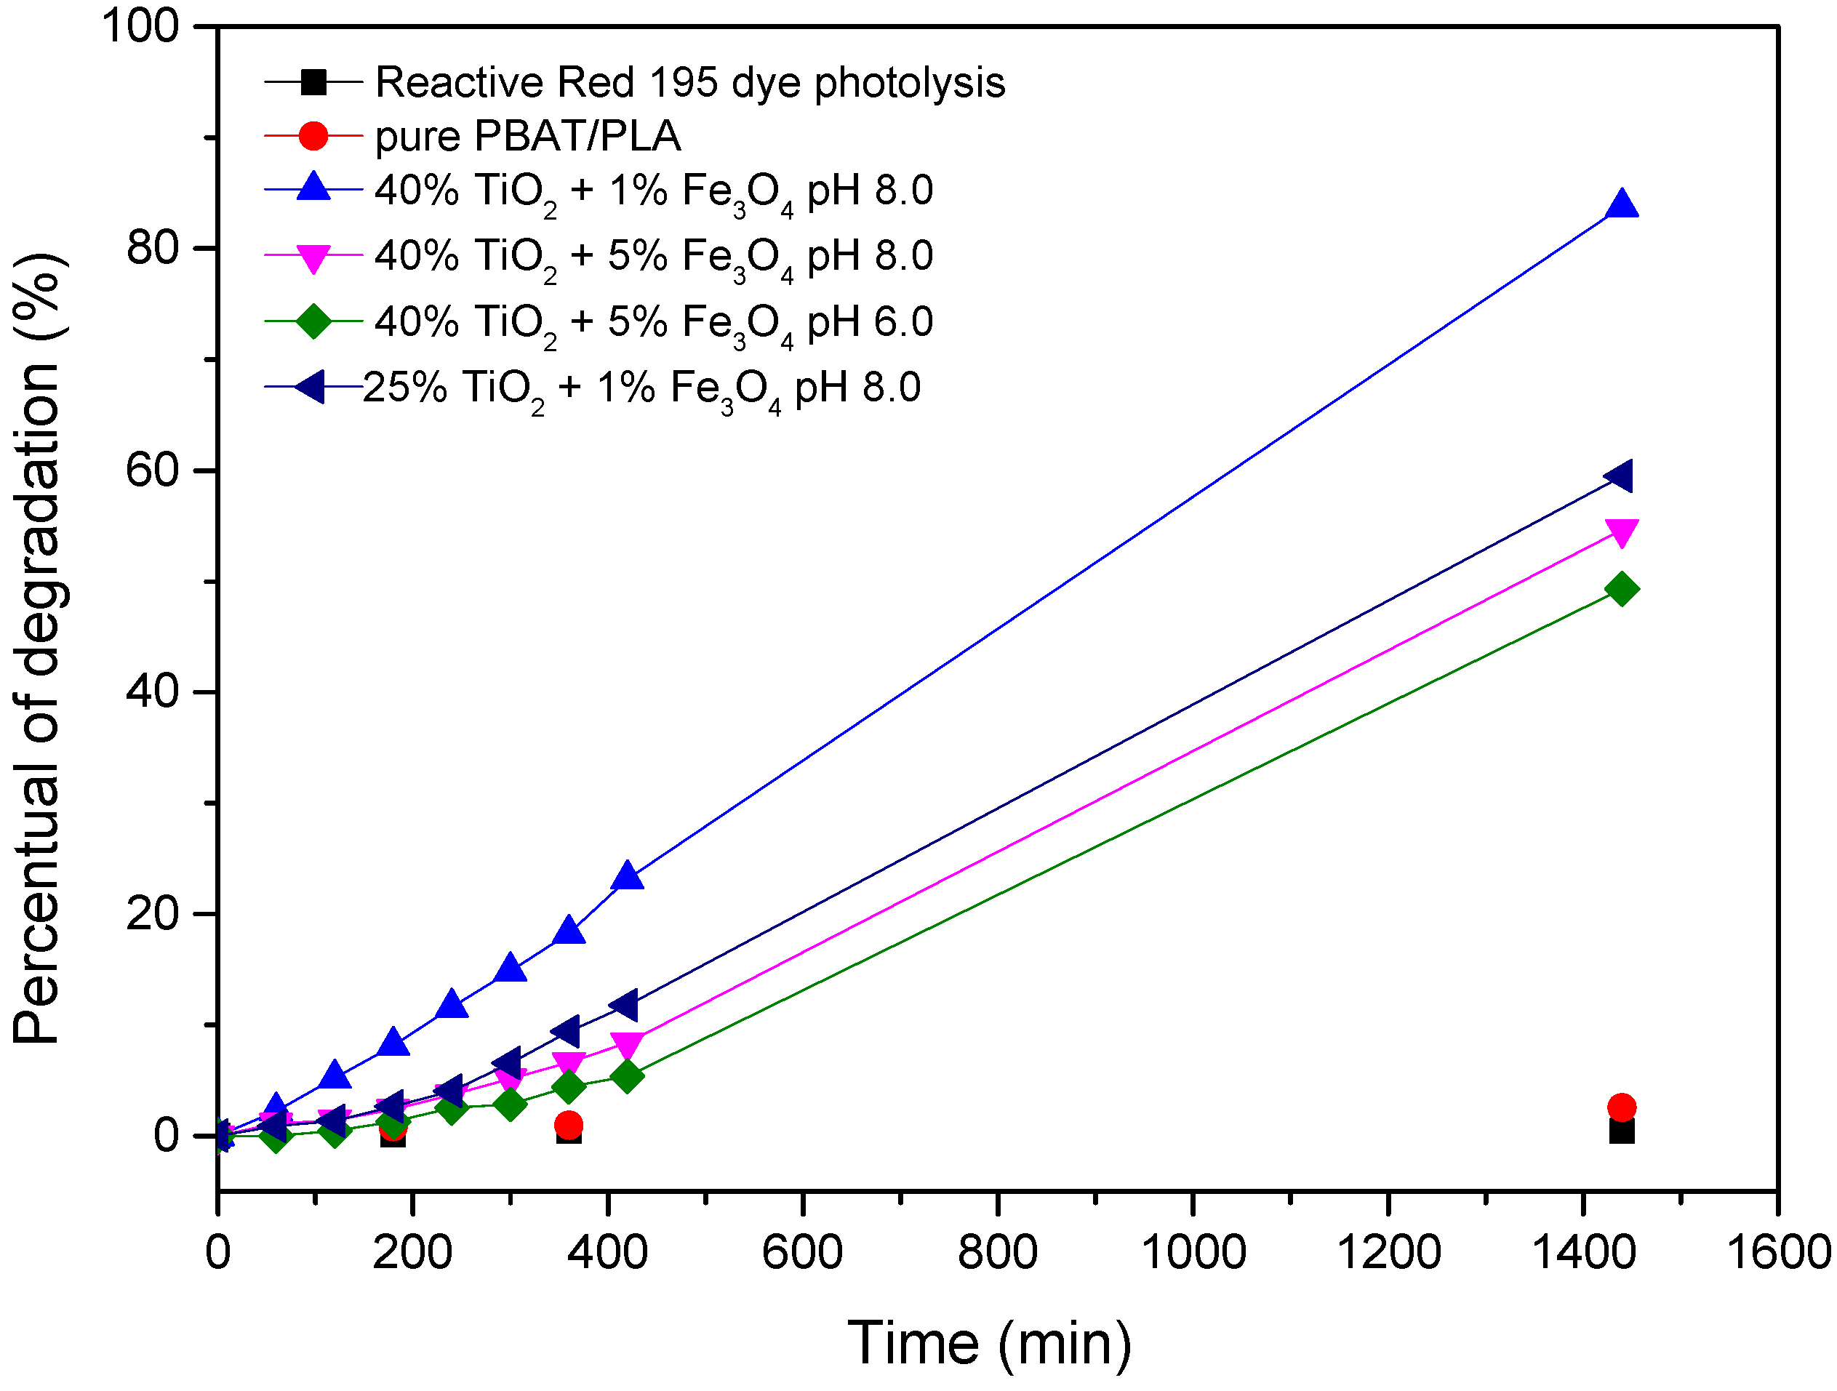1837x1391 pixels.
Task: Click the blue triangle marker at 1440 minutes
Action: [x=1621, y=204]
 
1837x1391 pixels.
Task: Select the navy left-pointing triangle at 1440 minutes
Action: [x=1620, y=477]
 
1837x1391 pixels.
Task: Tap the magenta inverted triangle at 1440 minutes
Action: [x=1621, y=532]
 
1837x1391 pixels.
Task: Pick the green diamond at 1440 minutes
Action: [x=1621, y=590]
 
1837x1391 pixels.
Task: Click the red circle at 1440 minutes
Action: [x=1621, y=1107]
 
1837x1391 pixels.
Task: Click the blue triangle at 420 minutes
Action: [x=627, y=876]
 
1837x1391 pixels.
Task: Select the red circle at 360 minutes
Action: [x=568, y=1126]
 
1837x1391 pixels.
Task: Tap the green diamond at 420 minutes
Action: [x=627, y=1076]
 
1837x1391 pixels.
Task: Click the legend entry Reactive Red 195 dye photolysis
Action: [x=689, y=82]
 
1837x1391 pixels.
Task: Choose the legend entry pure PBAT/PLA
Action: [x=527, y=135]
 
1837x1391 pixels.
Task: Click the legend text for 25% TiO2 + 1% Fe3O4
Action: [x=641, y=388]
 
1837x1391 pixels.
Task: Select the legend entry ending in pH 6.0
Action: [x=654, y=322]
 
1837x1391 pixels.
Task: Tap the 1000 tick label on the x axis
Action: [x=1193, y=1252]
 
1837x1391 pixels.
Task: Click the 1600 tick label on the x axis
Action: [x=1777, y=1252]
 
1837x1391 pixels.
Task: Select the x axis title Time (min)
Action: [x=989, y=1344]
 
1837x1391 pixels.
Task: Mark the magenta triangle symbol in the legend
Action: [x=313, y=257]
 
